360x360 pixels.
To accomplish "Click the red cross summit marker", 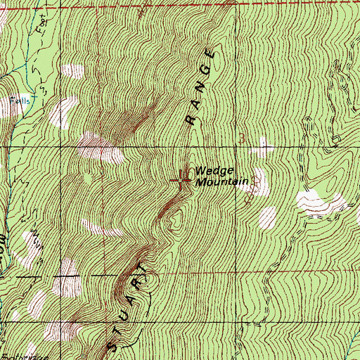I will coord(182,180).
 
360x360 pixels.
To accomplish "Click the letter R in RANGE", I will coord(189,119).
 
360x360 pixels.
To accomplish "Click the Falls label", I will coord(15,101).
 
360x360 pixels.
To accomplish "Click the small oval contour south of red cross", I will coord(174,219).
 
